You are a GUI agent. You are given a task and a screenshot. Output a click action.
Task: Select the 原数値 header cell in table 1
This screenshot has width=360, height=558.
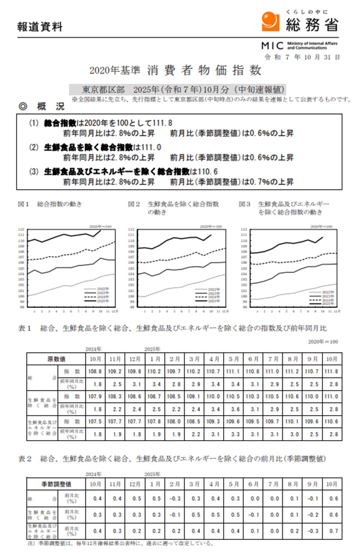(x=56, y=359)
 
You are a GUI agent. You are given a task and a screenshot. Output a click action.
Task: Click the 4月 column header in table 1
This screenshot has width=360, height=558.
(x=214, y=359)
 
